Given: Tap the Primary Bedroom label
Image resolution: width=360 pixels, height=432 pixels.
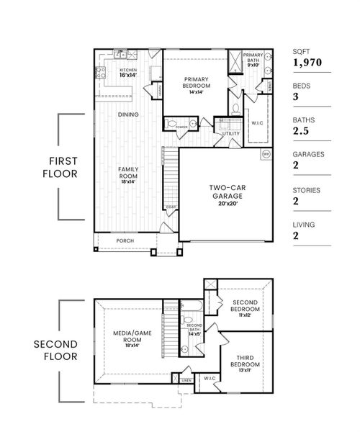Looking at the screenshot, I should (x=197, y=86).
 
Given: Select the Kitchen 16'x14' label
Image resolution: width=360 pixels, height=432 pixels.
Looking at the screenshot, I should (x=127, y=73).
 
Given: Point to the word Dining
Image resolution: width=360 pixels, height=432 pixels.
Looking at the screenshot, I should (x=128, y=114).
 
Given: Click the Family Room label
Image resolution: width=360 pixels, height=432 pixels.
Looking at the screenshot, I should (x=128, y=175).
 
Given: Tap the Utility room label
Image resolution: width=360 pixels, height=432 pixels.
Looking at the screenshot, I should (x=230, y=134).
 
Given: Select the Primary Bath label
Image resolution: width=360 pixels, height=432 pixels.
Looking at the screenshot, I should (x=253, y=59).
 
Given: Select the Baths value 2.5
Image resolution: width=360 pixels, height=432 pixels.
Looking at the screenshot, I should (x=302, y=132).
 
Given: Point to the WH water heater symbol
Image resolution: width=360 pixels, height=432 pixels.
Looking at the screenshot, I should (x=266, y=154).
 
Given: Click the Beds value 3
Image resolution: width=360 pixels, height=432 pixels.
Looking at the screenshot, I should (x=297, y=97).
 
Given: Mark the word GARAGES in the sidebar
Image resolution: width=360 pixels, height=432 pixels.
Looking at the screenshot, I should (x=309, y=154).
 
